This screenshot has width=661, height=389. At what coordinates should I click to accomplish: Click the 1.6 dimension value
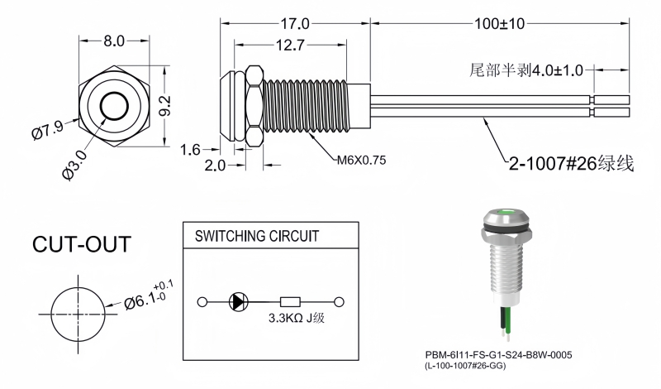tap(191, 149)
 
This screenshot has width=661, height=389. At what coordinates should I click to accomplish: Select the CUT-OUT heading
tap(81, 244)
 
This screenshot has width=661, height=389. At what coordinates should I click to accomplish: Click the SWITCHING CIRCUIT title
tap(256, 236)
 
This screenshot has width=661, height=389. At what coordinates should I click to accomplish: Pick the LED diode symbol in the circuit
tap(238, 302)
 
